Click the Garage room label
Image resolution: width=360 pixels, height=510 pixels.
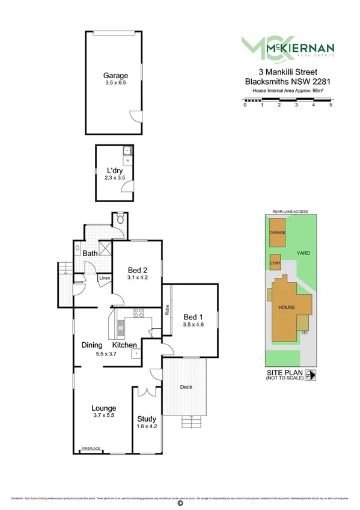pyautogui.click(x=115, y=76)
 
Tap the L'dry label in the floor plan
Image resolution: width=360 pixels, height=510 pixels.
pyautogui.click(x=114, y=170)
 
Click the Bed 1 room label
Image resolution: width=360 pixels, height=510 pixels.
pyautogui.click(x=194, y=317)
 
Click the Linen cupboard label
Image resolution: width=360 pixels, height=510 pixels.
pyautogui.click(x=105, y=278)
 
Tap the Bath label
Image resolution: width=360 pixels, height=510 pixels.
pyautogui.click(x=90, y=254)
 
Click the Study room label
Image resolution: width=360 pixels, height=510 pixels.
pyautogui.click(x=147, y=419)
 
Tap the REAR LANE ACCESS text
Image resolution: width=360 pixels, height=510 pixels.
pyautogui.click(x=290, y=212)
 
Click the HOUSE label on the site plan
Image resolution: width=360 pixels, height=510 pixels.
pyautogui.click(x=286, y=307)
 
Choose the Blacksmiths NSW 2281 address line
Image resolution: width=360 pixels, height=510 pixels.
pyautogui.click(x=288, y=80)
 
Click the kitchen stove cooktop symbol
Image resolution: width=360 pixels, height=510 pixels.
pyautogui.click(x=138, y=312)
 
